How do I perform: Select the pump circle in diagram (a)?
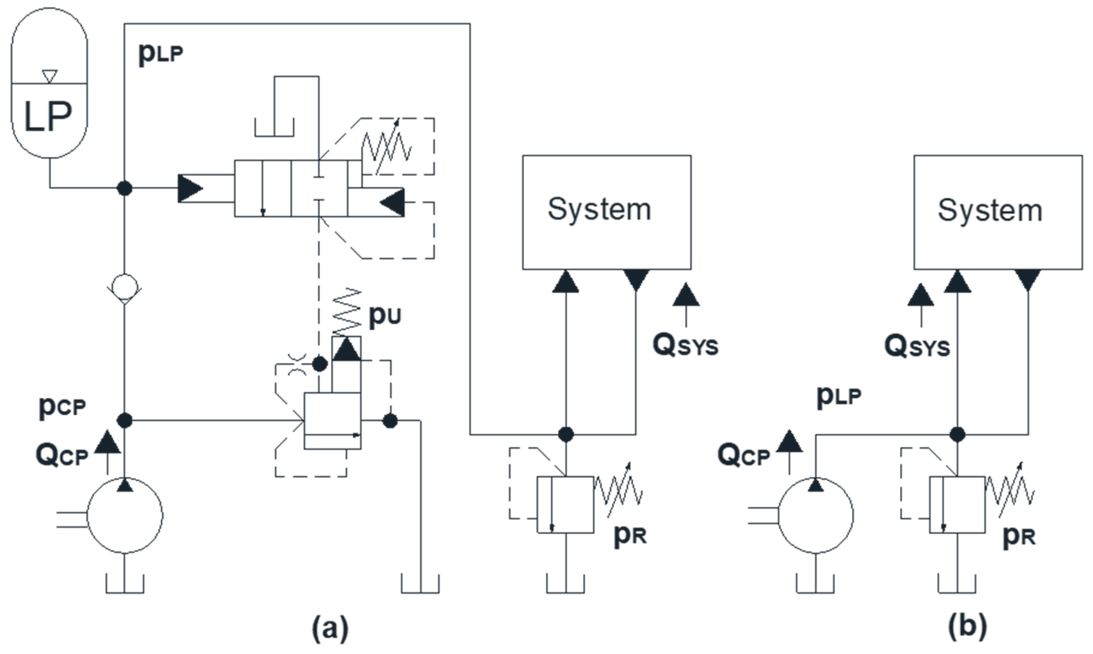pos(125,515)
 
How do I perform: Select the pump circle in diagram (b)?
pos(816,515)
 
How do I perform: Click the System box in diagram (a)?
pos(607,212)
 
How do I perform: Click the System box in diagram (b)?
pos(998,212)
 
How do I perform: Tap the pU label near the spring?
pos(384,315)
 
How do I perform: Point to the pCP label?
pos(62,408)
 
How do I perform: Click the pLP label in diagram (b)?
pos(839,396)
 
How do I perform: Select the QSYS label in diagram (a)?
pos(686,346)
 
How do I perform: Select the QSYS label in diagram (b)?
pos(917,347)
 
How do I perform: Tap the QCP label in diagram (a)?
pos(62,456)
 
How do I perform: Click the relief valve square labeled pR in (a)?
pos(565,505)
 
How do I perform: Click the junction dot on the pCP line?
pos(125,420)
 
